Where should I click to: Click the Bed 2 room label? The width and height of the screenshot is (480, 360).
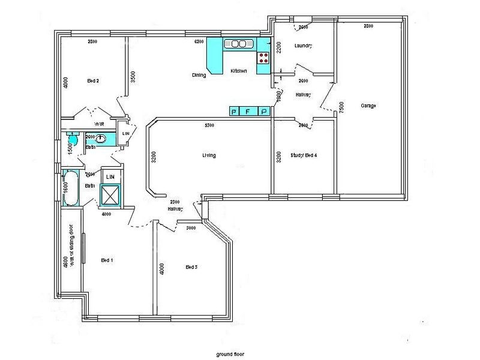pos(93,80)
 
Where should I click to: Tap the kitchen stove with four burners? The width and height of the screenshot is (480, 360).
pos(263,58)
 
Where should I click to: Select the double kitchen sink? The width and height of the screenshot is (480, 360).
pos(236,44)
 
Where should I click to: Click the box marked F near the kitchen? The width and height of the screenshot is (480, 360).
pos(249,111)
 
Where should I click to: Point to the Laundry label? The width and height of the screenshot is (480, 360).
pos(304,46)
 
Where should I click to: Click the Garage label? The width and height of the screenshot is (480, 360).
pos(368,106)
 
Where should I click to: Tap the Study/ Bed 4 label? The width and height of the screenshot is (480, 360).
pos(303,155)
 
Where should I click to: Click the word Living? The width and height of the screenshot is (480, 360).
pos(209,155)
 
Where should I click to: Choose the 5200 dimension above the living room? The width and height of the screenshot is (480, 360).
pos(209,125)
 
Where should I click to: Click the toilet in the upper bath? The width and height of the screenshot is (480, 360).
pos(72,137)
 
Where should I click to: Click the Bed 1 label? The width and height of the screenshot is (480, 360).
pos(107,260)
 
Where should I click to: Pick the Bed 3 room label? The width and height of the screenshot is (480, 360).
pos(191,267)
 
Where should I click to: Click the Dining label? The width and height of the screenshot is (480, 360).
pos(199,75)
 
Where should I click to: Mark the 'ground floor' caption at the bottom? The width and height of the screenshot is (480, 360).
pos(232,354)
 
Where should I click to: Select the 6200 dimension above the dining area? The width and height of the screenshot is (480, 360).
pos(199,41)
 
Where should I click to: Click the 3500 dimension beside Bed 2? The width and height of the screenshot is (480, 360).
pos(133,77)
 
